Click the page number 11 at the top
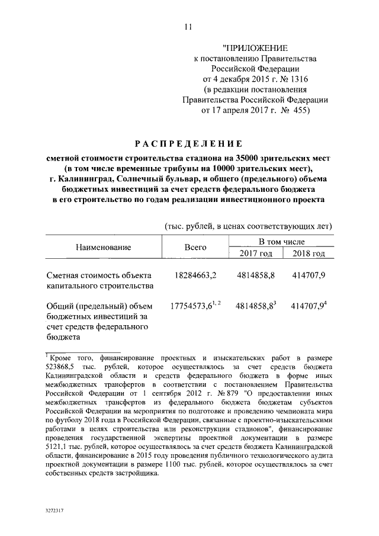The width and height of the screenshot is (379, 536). point(188,26)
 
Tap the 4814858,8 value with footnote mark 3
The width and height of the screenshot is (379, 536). point(254,306)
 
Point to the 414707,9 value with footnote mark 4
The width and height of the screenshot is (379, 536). point(307,306)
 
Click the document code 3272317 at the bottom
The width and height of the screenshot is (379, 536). point(56,509)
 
